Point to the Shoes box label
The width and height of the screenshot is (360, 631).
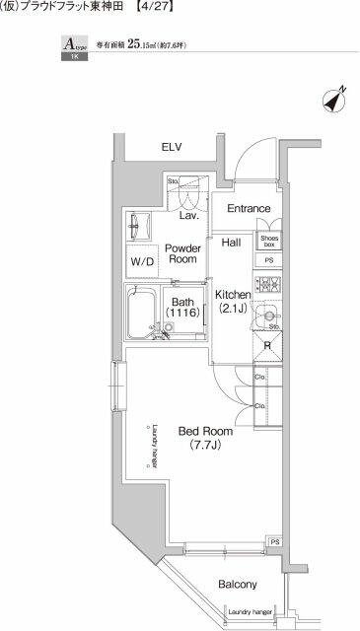[269, 241]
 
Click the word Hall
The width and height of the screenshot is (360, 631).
[231, 242]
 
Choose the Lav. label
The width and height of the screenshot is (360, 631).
[189, 214]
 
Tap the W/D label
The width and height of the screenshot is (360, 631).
[142, 262]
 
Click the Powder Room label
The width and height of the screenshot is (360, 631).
[183, 255]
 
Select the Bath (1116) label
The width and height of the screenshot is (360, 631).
[184, 308]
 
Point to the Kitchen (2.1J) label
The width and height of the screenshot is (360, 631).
[234, 301]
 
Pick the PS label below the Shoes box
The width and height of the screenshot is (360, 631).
[269, 259]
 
